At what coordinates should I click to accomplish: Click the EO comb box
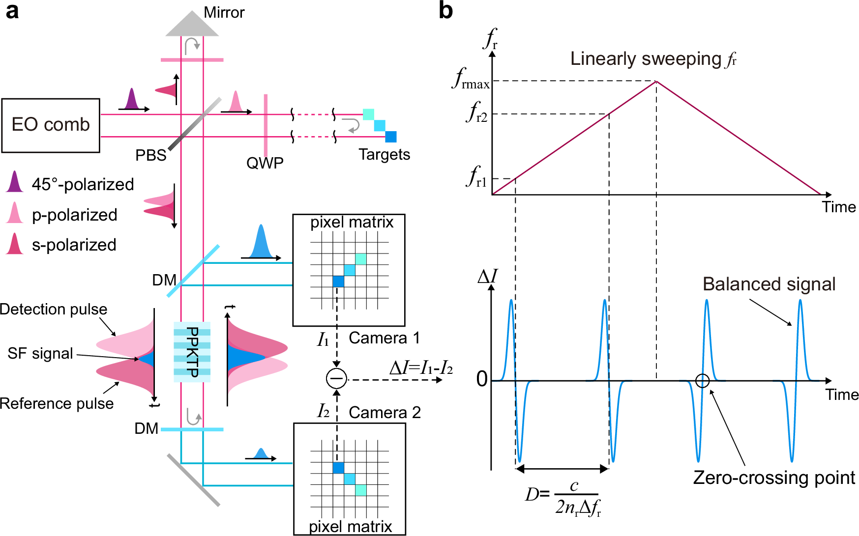(51, 125)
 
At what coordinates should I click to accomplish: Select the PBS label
(150, 155)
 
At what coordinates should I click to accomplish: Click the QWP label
(265, 163)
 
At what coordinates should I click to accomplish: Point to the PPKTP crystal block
(192, 352)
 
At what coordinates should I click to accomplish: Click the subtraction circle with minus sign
(337, 379)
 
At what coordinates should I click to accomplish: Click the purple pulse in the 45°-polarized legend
(15, 182)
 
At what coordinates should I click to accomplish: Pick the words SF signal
(40, 353)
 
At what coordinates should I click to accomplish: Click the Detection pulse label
(53, 309)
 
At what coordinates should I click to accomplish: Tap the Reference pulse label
(57, 403)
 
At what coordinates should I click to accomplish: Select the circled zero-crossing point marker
(702, 381)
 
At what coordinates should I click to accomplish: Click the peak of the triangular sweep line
(656, 81)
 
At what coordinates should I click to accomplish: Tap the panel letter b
(445, 11)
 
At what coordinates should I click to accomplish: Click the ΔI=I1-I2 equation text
(421, 368)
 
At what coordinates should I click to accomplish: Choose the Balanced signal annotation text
(769, 284)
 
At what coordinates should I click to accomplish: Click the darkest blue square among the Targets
(391, 137)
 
